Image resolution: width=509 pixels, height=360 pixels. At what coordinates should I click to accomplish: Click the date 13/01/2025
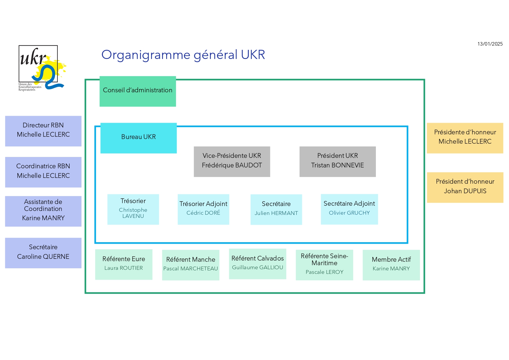coord(490,44)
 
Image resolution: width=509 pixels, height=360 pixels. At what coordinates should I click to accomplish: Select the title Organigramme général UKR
coord(183,55)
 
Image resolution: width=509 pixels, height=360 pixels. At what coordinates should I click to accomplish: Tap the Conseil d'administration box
coord(138,91)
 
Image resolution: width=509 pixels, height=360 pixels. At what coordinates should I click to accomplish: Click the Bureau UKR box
coord(138,138)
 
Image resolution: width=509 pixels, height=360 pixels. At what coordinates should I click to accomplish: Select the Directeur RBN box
coord(43,131)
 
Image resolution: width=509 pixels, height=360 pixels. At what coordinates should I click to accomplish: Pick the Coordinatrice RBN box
coord(43,172)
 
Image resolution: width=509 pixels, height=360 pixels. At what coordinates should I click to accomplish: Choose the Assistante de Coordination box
coord(43,211)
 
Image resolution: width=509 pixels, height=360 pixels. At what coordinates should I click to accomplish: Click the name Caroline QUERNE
coord(43,257)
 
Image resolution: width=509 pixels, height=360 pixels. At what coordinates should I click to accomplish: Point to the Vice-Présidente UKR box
coord(232,162)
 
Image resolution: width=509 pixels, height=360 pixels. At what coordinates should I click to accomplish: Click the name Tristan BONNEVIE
coord(337,165)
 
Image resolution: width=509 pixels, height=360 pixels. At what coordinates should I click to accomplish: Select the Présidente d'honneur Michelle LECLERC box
coord(465,138)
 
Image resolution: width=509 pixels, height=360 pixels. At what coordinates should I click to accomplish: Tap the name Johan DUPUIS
coord(465,191)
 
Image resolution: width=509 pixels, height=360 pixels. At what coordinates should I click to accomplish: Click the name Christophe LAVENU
coord(133,213)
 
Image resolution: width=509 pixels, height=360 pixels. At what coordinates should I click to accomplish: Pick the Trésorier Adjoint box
coord(203,209)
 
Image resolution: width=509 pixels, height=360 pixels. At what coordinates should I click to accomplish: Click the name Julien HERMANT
coord(276,213)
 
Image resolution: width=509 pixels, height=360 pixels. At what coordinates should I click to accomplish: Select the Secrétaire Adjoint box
coord(349,209)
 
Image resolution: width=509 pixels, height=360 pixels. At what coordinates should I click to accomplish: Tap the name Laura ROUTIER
coord(124,268)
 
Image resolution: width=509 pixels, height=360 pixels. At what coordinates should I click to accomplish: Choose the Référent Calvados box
coord(258,264)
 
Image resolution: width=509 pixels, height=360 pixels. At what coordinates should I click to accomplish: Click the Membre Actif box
coord(391,265)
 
